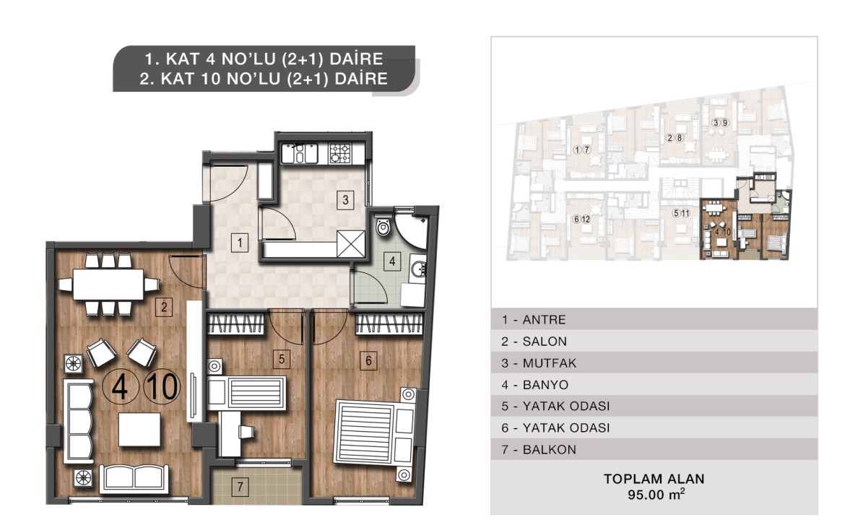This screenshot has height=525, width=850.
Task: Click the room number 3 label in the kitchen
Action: pyautogui.click(x=345, y=200)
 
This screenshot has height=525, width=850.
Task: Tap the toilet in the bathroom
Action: pyautogui.click(x=383, y=225)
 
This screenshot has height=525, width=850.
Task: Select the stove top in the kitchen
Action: pyautogui.click(x=340, y=153)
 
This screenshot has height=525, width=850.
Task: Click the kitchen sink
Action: pyautogui.click(x=299, y=153)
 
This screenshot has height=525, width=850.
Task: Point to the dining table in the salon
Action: pyautogui.click(x=108, y=285)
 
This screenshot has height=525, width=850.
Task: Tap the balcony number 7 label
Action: pyautogui.click(x=240, y=487)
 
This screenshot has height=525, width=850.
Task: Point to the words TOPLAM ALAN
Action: pyautogui.click(x=654, y=479)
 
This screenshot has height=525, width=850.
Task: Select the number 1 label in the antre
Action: pyautogui.click(x=240, y=242)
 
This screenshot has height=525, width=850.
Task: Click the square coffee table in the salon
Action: pyautogui.click(x=140, y=430)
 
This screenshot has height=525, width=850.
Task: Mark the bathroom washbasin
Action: pyautogui.click(x=417, y=269)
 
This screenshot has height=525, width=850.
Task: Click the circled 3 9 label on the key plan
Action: pyautogui.click(x=720, y=123)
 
